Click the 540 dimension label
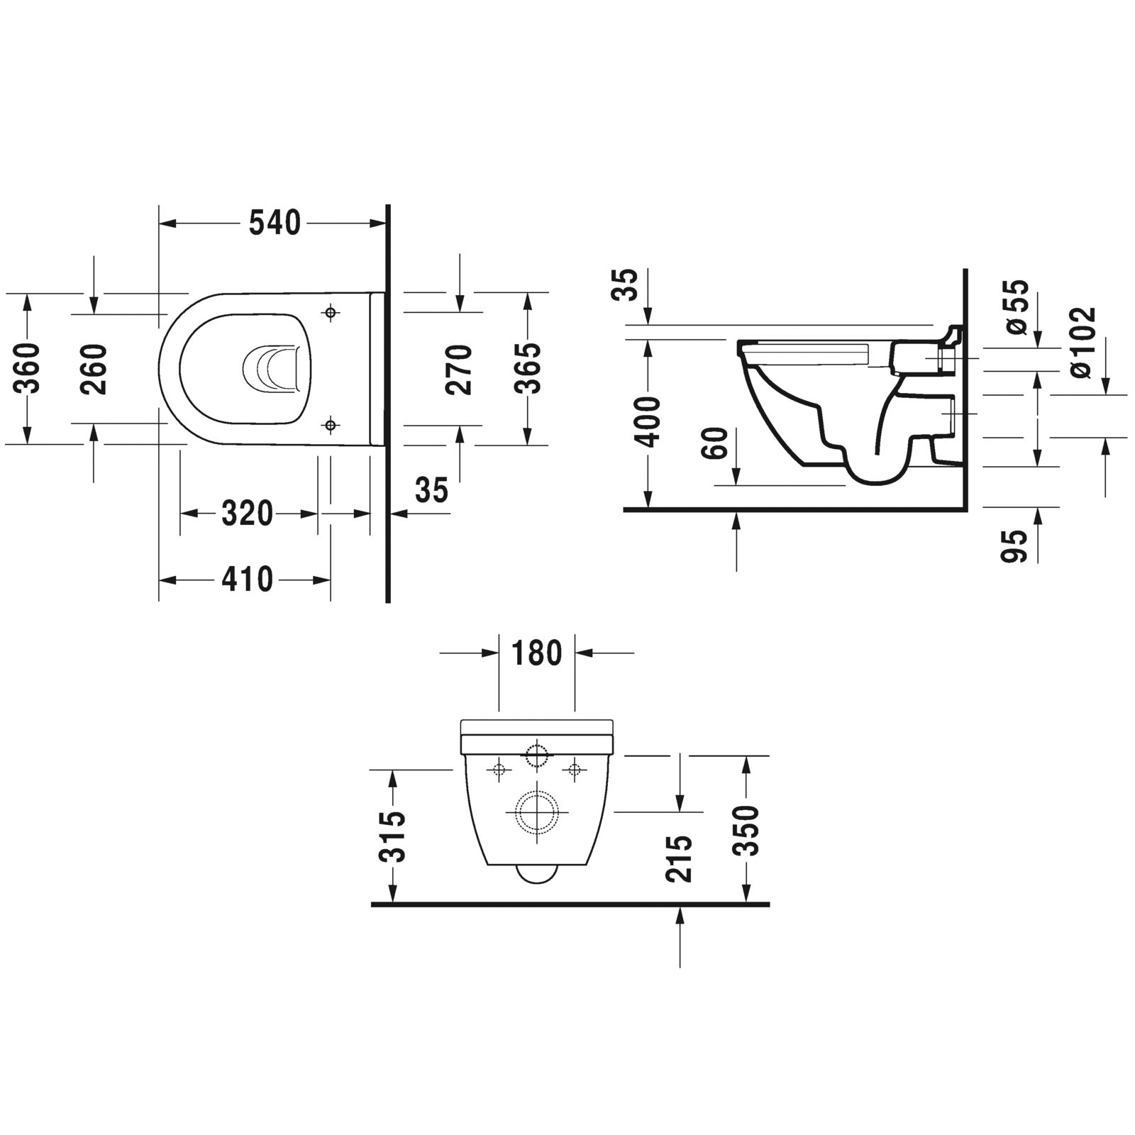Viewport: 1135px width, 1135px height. (275, 223)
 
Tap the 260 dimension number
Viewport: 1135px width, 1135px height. (94, 369)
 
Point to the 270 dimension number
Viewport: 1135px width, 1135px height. (460, 369)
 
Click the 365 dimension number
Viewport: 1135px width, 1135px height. (527, 369)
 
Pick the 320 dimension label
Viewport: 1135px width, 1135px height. (247, 514)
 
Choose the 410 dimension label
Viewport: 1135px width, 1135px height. (247, 580)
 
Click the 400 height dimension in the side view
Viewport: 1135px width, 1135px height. (648, 423)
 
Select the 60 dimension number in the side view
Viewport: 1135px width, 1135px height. (717, 443)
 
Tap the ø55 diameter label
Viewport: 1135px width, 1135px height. (1017, 306)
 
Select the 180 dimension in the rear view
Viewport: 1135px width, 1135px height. (536, 653)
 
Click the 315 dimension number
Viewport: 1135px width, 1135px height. (393, 836)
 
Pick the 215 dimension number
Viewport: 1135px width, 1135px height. (680, 858)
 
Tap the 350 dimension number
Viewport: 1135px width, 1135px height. (747, 831)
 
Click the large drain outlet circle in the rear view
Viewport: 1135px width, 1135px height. (536, 812)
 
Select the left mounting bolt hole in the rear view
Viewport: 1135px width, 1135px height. (499, 769)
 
